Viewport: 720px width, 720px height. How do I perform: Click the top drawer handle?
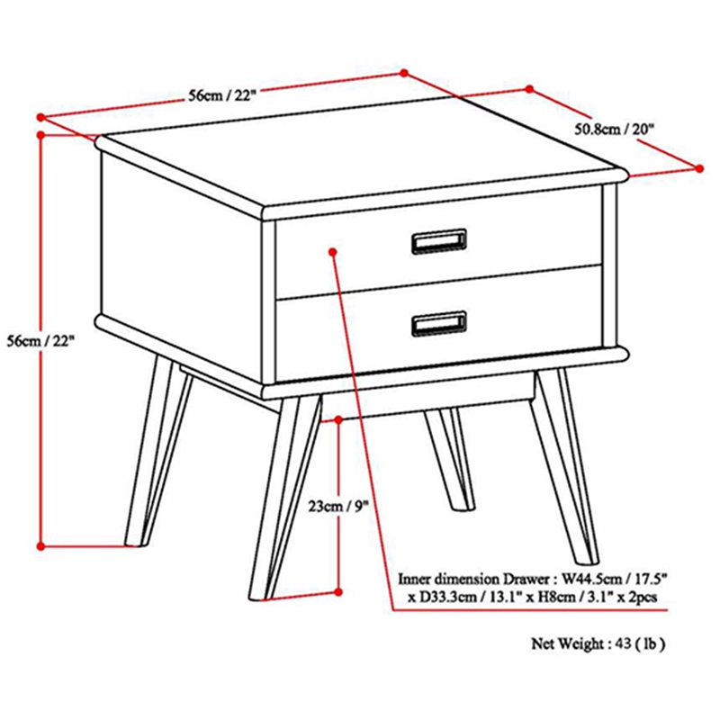click(439, 241)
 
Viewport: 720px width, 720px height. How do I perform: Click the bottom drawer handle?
click(439, 323)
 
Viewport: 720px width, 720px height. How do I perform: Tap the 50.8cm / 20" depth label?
click(614, 129)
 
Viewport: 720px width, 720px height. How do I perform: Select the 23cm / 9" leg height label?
click(338, 507)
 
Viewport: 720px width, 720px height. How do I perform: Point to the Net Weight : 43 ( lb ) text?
click(598, 643)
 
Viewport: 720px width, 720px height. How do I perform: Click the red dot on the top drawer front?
click(333, 252)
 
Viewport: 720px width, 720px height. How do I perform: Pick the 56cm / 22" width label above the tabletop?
click(221, 95)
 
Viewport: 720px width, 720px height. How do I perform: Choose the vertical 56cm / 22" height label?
click(40, 341)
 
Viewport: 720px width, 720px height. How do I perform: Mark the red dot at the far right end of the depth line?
click(699, 168)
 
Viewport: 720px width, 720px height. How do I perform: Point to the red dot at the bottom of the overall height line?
click(40, 546)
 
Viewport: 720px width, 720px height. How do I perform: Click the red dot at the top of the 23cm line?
click(338, 419)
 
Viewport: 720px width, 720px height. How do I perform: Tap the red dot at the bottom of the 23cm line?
click(338, 592)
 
